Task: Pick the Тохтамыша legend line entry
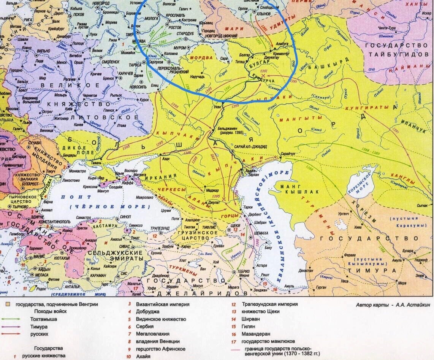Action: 43,319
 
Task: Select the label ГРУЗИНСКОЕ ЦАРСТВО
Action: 194,235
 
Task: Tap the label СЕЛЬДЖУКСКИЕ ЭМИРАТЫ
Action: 115,255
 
